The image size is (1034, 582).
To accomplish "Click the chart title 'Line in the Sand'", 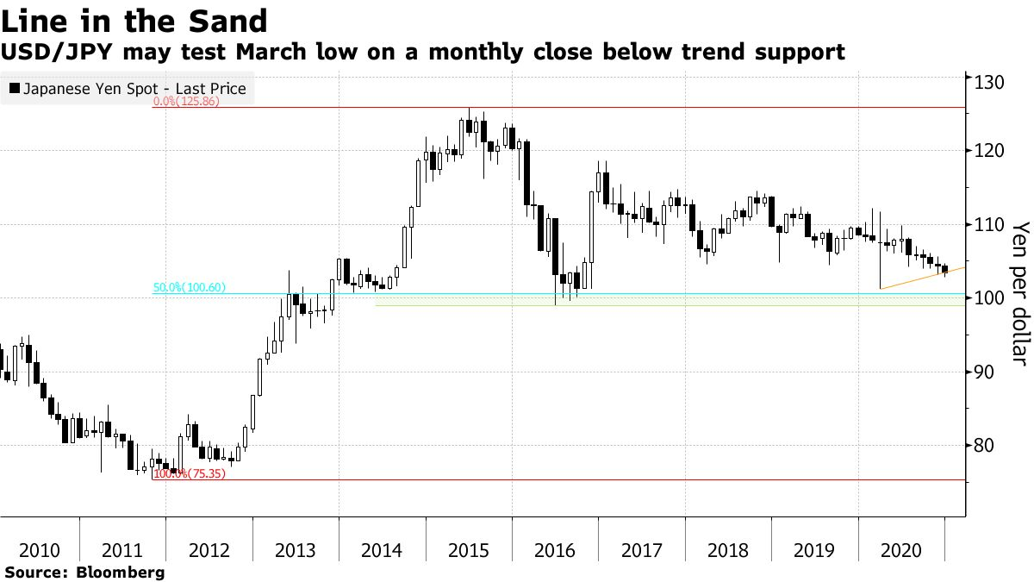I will pyautogui.click(x=134, y=20).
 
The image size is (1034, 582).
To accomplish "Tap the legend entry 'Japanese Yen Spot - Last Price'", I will pyautogui.click(x=134, y=89).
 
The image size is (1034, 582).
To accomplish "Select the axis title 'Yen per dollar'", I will pyautogui.click(x=1020, y=293).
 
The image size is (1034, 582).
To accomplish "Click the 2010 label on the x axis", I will pyautogui.click(x=40, y=550).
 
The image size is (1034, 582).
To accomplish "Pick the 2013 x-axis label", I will pyautogui.click(x=296, y=550).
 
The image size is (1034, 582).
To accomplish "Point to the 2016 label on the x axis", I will pyautogui.click(x=555, y=550).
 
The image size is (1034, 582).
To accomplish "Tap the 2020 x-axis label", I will pyautogui.click(x=901, y=550).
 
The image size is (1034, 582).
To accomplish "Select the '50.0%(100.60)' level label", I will pyautogui.click(x=190, y=288).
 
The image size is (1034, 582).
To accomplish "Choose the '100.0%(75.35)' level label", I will pyautogui.click(x=189, y=473).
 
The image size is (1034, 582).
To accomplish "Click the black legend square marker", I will pyautogui.click(x=15, y=89).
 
